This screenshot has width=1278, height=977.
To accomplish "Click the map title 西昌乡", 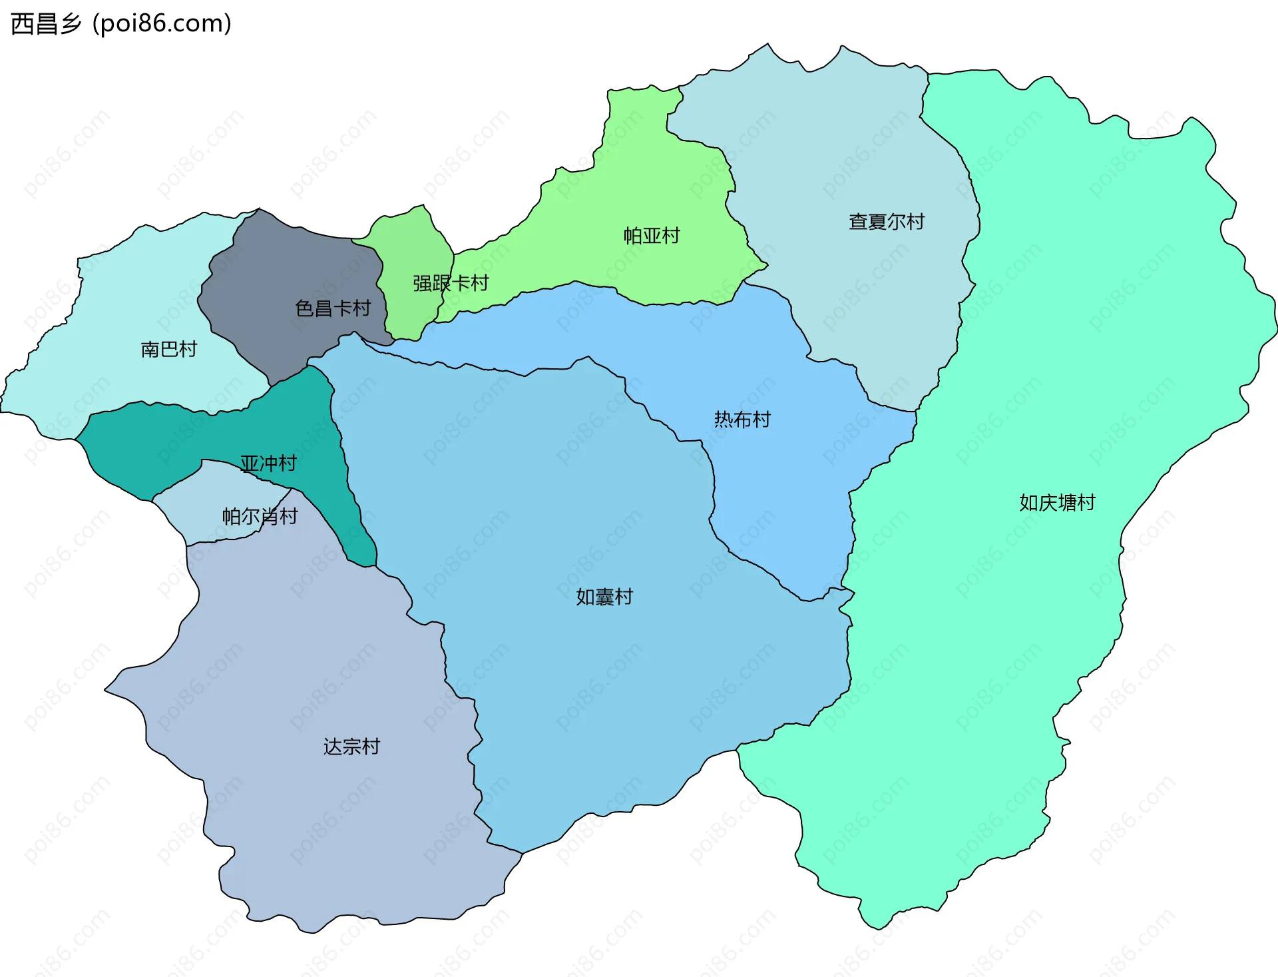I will click(45, 24).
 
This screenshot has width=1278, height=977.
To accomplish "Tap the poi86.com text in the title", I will click(162, 24).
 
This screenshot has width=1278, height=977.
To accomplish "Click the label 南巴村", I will click(169, 349).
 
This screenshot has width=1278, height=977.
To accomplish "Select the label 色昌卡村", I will click(332, 308).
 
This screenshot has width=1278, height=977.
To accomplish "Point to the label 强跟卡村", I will click(451, 284).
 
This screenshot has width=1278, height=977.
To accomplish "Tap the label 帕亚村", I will click(652, 236).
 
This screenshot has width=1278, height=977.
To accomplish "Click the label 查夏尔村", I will click(887, 222).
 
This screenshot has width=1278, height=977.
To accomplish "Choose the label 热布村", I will click(742, 420).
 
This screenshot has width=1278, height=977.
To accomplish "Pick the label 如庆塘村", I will click(1057, 503).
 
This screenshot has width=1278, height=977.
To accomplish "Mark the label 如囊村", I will click(604, 597).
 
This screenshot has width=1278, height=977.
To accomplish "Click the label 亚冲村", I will click(268, 464).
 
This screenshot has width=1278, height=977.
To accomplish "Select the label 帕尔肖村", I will click(260, 517).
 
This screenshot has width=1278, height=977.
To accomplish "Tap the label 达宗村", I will click(351, 747).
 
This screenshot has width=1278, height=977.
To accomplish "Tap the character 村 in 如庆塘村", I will click(1086, 503).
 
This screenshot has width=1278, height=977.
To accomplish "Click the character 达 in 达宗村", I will click(333, 747).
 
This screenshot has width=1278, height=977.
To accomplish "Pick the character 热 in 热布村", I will click(724, 420).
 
